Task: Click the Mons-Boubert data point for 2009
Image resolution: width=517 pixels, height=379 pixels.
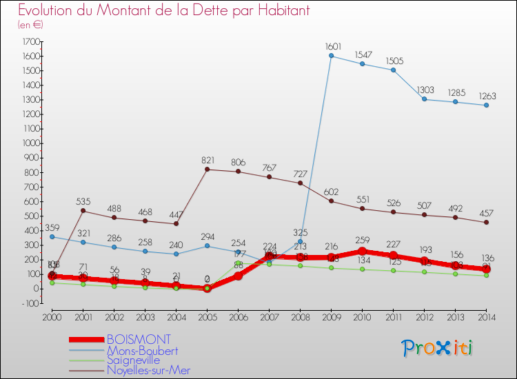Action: pos(331,56)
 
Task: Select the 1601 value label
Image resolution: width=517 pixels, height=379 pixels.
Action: pos(334,46)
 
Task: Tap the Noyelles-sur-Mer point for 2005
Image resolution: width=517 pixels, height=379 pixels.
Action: pos(207,169)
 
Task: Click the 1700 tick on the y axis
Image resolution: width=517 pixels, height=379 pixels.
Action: pos(30,41)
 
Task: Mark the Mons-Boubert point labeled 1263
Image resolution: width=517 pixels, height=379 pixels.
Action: pos(486,105)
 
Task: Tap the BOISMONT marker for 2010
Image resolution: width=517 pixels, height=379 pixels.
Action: pos(362,251)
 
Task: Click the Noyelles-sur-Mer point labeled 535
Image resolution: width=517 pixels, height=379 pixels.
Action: pos(83,210)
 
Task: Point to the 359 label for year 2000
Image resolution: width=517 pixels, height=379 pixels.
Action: pos(52,227)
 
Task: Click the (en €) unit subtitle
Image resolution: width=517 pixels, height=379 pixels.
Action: pos(31,25)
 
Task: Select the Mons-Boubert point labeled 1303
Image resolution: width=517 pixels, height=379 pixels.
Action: pos(424,99)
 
